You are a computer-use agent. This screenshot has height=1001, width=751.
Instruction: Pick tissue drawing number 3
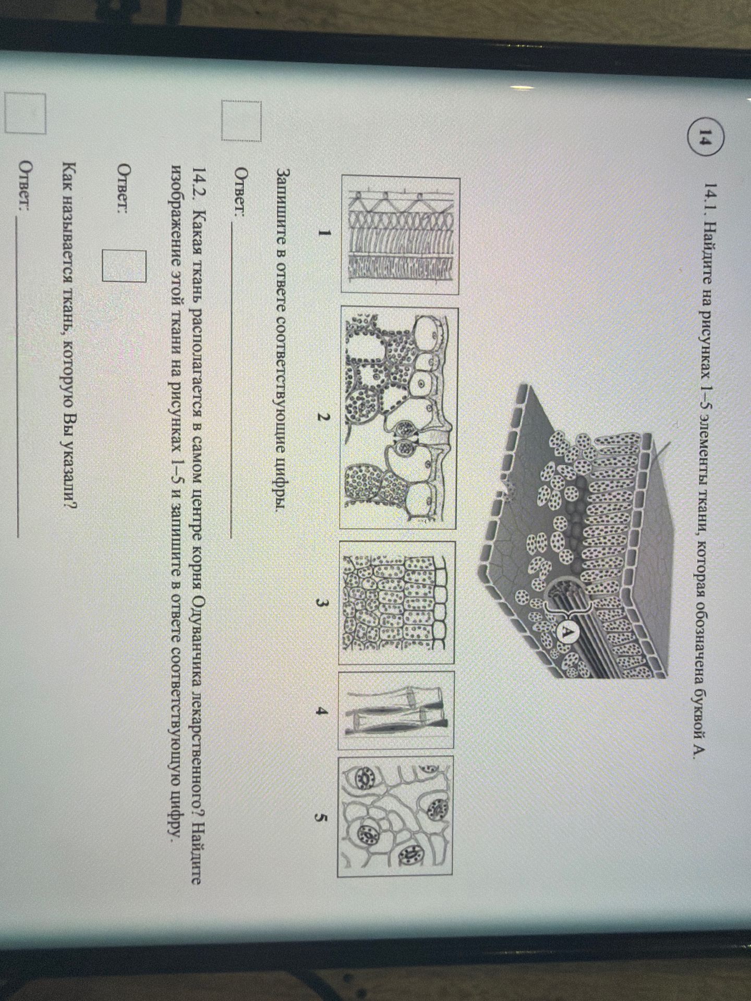397,602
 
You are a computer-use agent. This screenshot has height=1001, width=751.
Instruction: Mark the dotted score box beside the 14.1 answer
240,120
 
